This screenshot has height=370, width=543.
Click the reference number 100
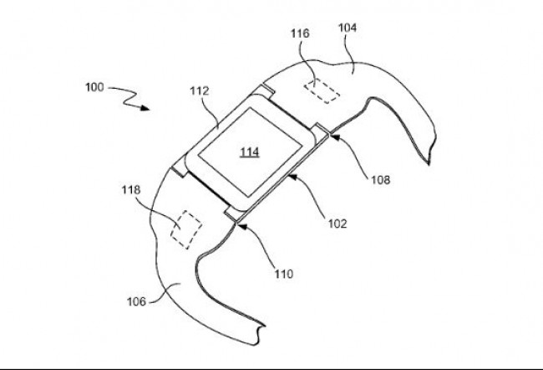(94, 87)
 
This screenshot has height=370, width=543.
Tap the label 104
(348, 28)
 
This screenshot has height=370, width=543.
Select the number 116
(300, 33)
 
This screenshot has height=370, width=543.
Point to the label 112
(200, 91)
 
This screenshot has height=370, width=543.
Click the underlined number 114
(250, 152)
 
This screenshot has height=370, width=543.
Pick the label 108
(381, 180)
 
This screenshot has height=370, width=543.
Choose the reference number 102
(337, 224)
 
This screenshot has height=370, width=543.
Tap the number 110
(284, 275)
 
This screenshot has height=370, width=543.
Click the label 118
(131, 190)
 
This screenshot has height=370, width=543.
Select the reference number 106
(136, 301)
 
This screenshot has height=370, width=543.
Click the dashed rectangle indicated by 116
(322, 91)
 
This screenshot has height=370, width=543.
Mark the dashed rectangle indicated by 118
(186, 229)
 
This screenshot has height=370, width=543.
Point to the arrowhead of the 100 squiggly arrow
(145, 108)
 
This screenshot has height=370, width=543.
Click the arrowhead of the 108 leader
(335, 137)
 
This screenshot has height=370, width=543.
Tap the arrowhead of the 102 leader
(293, 177)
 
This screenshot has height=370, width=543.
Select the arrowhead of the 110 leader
(242, 227)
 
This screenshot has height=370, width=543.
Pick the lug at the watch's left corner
(180, 168)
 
